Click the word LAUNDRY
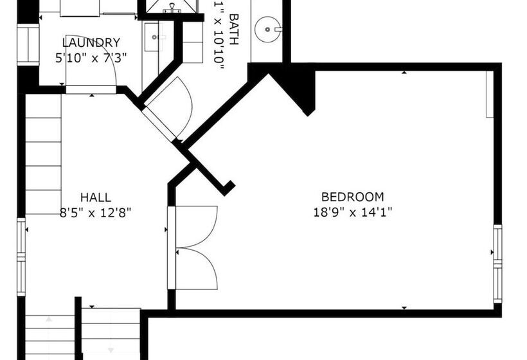91,43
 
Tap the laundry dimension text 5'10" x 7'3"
91,57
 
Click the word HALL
95,197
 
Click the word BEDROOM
352,197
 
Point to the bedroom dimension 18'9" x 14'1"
352,212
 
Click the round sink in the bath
267,29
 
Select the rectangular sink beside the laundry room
154,39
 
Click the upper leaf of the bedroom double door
196,225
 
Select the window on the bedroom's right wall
497,263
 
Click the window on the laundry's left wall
27,44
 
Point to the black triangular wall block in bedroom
299,87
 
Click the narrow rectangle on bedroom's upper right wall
489,94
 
